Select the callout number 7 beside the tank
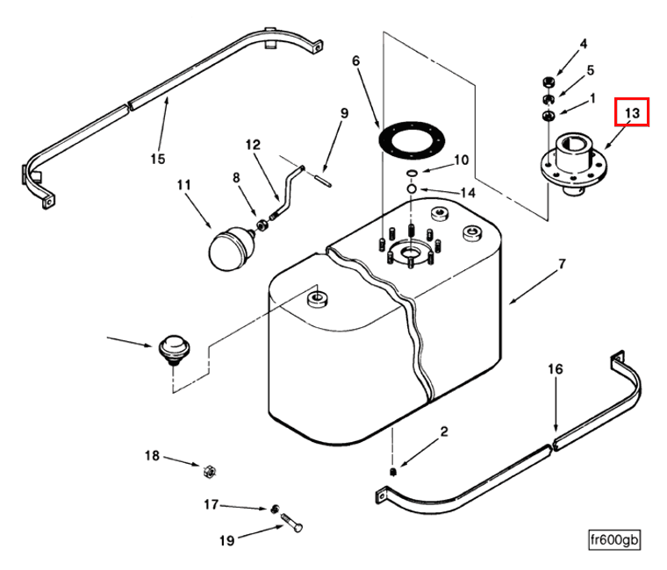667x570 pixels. (562, 264)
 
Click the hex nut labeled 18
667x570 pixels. (210, 470)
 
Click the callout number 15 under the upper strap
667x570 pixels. (157, 159)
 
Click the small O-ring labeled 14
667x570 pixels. (411, 188)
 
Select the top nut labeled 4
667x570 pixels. (545, 83)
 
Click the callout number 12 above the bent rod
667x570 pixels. (253, 145)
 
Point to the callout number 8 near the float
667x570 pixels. (236, 178)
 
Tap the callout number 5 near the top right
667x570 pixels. (591, 69)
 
